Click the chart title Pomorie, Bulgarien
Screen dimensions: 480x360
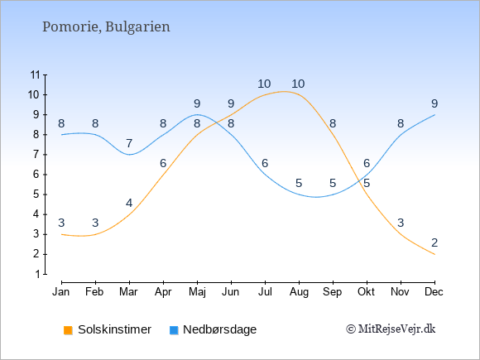[106, 27]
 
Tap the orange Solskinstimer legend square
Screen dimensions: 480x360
[68, 330]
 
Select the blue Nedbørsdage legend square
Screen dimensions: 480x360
[174, 330]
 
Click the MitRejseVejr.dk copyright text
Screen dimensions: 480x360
[391, 329]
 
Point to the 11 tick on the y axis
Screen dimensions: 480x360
[36, 74]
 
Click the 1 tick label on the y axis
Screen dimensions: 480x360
[37, 274]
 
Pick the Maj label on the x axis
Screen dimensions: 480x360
[197, 292]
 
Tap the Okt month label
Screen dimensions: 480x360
[367, 292]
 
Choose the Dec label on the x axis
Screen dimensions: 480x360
[434, 292]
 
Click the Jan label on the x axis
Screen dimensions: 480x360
[61, 292]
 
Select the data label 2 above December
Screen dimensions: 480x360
[434, 242]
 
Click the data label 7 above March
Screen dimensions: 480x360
[129, 143]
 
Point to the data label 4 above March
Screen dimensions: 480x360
[129, 203]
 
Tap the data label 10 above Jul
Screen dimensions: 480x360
[264, 84]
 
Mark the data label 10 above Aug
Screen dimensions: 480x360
[298, 84]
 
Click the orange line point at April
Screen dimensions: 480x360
[163, 175]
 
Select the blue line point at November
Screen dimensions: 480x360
[401, 135]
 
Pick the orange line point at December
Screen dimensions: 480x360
[434, 254]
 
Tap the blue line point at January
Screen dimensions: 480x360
[61, 135]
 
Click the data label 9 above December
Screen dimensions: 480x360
[434, 103]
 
